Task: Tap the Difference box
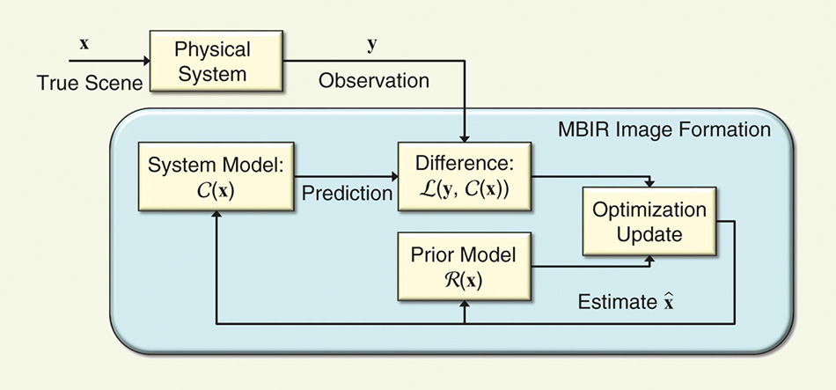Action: [x=465, y=177]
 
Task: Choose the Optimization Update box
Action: [x=649, y=223]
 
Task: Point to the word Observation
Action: [x=374, y=81]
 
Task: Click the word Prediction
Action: [x=347, y=193]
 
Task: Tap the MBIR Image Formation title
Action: [x=664, y=129]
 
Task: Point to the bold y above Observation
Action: [x=372, y=42]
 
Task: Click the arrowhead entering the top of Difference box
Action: [x=464, y=139]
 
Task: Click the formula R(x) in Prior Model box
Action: [x=464, y=280]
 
